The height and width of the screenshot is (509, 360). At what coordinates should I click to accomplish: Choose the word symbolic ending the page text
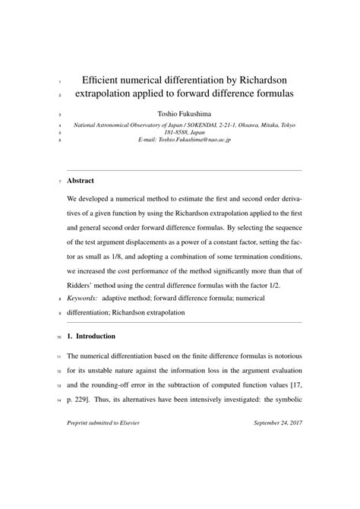pos(285,400)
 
